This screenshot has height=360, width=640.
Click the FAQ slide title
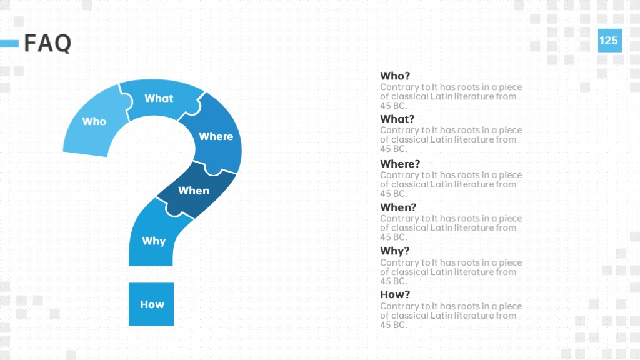click(47, 43)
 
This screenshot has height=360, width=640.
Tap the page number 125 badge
click(610, 41)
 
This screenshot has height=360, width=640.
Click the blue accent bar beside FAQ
click(9, 43)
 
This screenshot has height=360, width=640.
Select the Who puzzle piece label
click(94, 121)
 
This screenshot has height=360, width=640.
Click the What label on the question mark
click(159, 98)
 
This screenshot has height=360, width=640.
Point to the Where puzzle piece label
click(216, 136)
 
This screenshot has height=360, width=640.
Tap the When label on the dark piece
click(194, 191)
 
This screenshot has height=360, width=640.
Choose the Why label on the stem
click(154, 241)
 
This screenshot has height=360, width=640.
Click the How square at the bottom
click(151, 304)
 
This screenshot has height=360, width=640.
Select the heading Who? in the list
click(395, 76)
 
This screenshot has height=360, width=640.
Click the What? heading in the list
click(397, 119)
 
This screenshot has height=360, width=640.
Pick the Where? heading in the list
click(400, 164)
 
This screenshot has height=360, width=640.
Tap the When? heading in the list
click(398, 207)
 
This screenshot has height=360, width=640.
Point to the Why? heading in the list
click(395, 251)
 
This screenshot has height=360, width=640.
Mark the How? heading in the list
click(395, 295)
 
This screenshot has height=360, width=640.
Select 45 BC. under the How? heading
click(394, 325)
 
